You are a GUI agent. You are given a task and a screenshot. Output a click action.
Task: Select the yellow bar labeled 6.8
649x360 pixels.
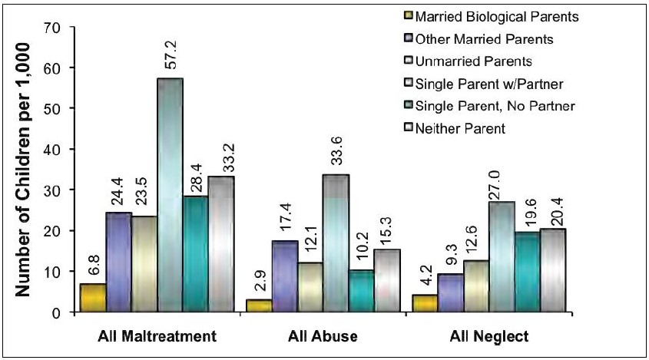tap(92, 298)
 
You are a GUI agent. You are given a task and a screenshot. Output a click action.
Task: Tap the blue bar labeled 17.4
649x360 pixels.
tap(283, 276)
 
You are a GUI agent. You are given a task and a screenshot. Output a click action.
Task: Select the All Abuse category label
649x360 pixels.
tap(323, 335)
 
